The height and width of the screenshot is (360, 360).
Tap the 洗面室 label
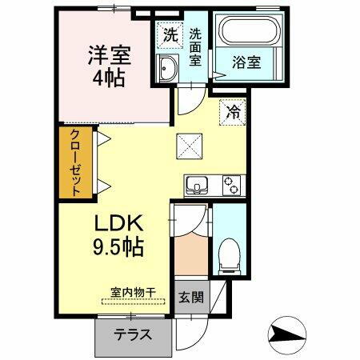196,48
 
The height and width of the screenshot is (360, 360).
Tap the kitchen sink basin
197,186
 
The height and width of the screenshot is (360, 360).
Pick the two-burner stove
232,186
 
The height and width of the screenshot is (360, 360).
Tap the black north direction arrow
287,331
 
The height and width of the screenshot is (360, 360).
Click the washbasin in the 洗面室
167,69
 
